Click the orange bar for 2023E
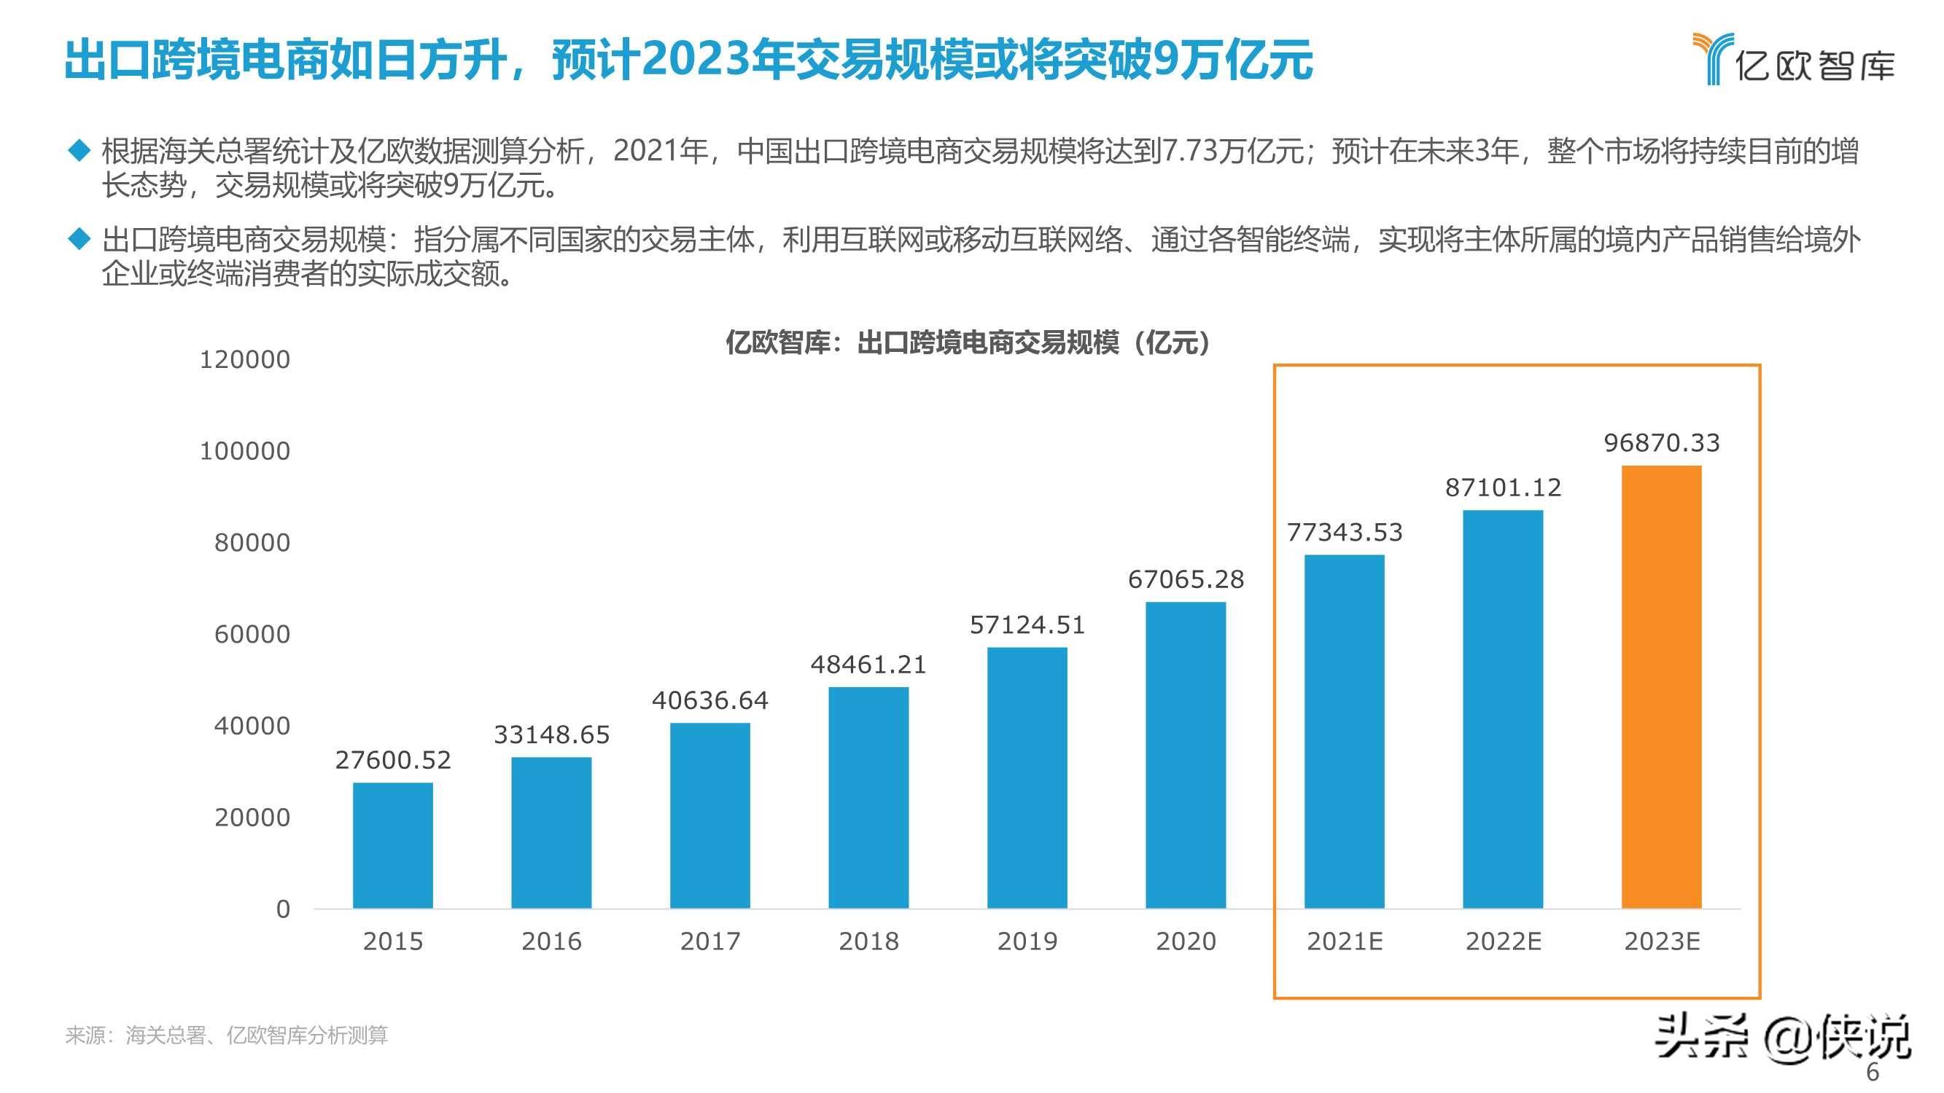pyautogui.click(x=1661, y=686)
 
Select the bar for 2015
pyautogui.click(x=392, y=845)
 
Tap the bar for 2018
pyautogui.click(x=868, y=797)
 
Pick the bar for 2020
pyautogui.click(x=1186, y=754)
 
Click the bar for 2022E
pyautogui.click(x=1503, y=709)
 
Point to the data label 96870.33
pyautogui.click(x=1661, y=443)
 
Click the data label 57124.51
pyautogui.click(x=1027, y=624)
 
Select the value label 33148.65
pyautogui.click(x=551, y=734)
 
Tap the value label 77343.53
pyautogui.click(x=1344, y=533)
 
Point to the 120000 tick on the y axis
pyautogui.click(x=244, y=360)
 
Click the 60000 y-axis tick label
pyautogui.click(x=252, y=635)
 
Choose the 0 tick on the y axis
pyautogui.click(x=283, y=909)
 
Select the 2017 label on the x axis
pyautogui.click(x=709, y=941)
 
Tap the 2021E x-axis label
pyautogui.click(x=1344, y=941)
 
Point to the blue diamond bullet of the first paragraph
pyautogui.click(x=79, y=150)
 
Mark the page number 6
pyautogui.click(x=1873, y=1072)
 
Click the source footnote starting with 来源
pyautogui.click(x=226, y=1035)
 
